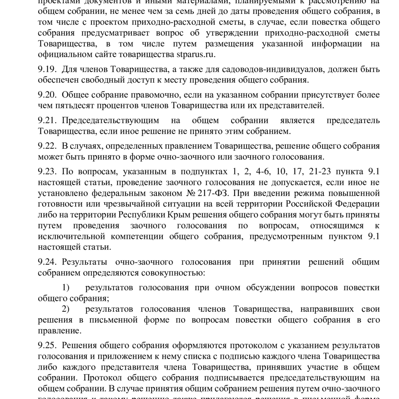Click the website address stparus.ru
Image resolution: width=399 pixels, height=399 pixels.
196,54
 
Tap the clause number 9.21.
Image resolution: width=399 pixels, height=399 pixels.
47,121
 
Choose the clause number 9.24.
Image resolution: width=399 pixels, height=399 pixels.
47,262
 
